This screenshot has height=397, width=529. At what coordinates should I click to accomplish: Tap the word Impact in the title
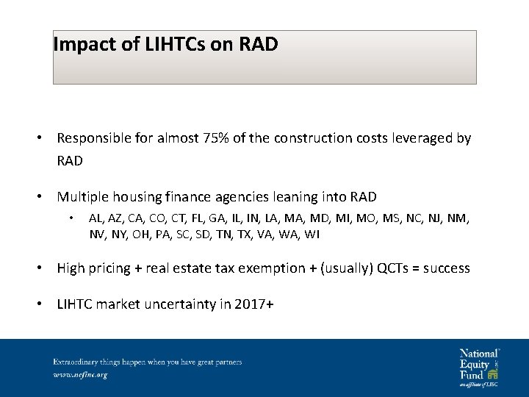pyautogui.click(x=82, y=45)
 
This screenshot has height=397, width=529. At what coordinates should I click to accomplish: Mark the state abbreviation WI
pyautogui.click(x=314, y=235)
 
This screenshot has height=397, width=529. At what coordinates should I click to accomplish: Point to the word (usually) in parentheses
pyautogui.click(x=348, y=268)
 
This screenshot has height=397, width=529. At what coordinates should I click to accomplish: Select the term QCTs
pyautogui.click(x=394, y=268)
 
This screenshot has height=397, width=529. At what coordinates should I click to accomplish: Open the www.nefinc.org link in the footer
pyautogui.click(x=80, y=375)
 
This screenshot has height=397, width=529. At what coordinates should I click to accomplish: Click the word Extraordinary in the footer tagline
pyautogui.click(x=73, y=362)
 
